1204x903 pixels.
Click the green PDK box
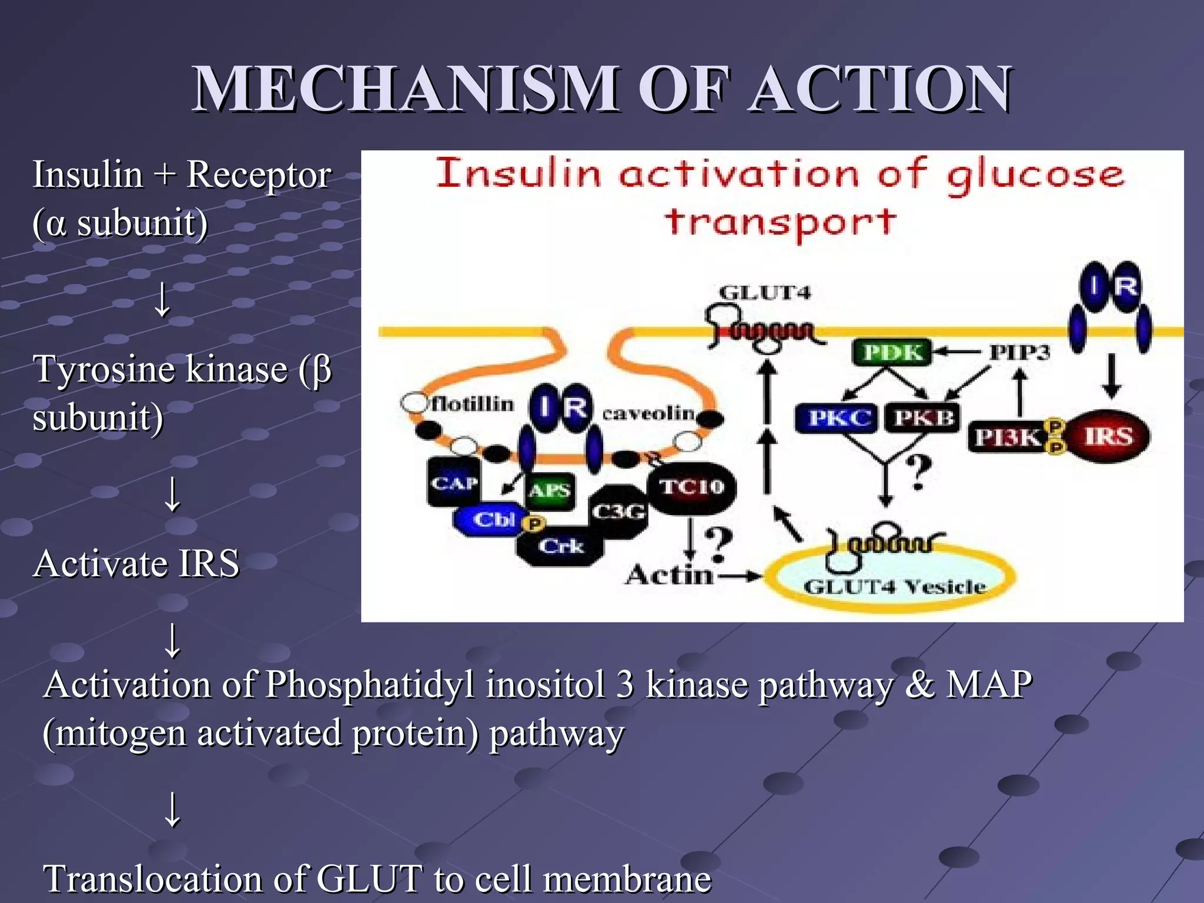[892, 352]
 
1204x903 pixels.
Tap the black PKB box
[922, 418]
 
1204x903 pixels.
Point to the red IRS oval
[1108, 436]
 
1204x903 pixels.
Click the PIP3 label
[1019, 352]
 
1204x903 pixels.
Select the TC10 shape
[691, 487]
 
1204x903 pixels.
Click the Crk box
[560, 547]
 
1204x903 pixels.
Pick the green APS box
[549, 490]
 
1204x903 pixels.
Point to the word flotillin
[473, 404]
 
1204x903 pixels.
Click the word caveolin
[648, 413]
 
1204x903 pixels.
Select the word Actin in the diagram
[668, 574]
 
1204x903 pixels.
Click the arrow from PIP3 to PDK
[956, 352]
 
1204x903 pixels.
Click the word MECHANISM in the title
[405, 89]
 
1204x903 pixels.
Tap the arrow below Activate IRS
[172, 640]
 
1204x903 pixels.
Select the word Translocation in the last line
[152, 879]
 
